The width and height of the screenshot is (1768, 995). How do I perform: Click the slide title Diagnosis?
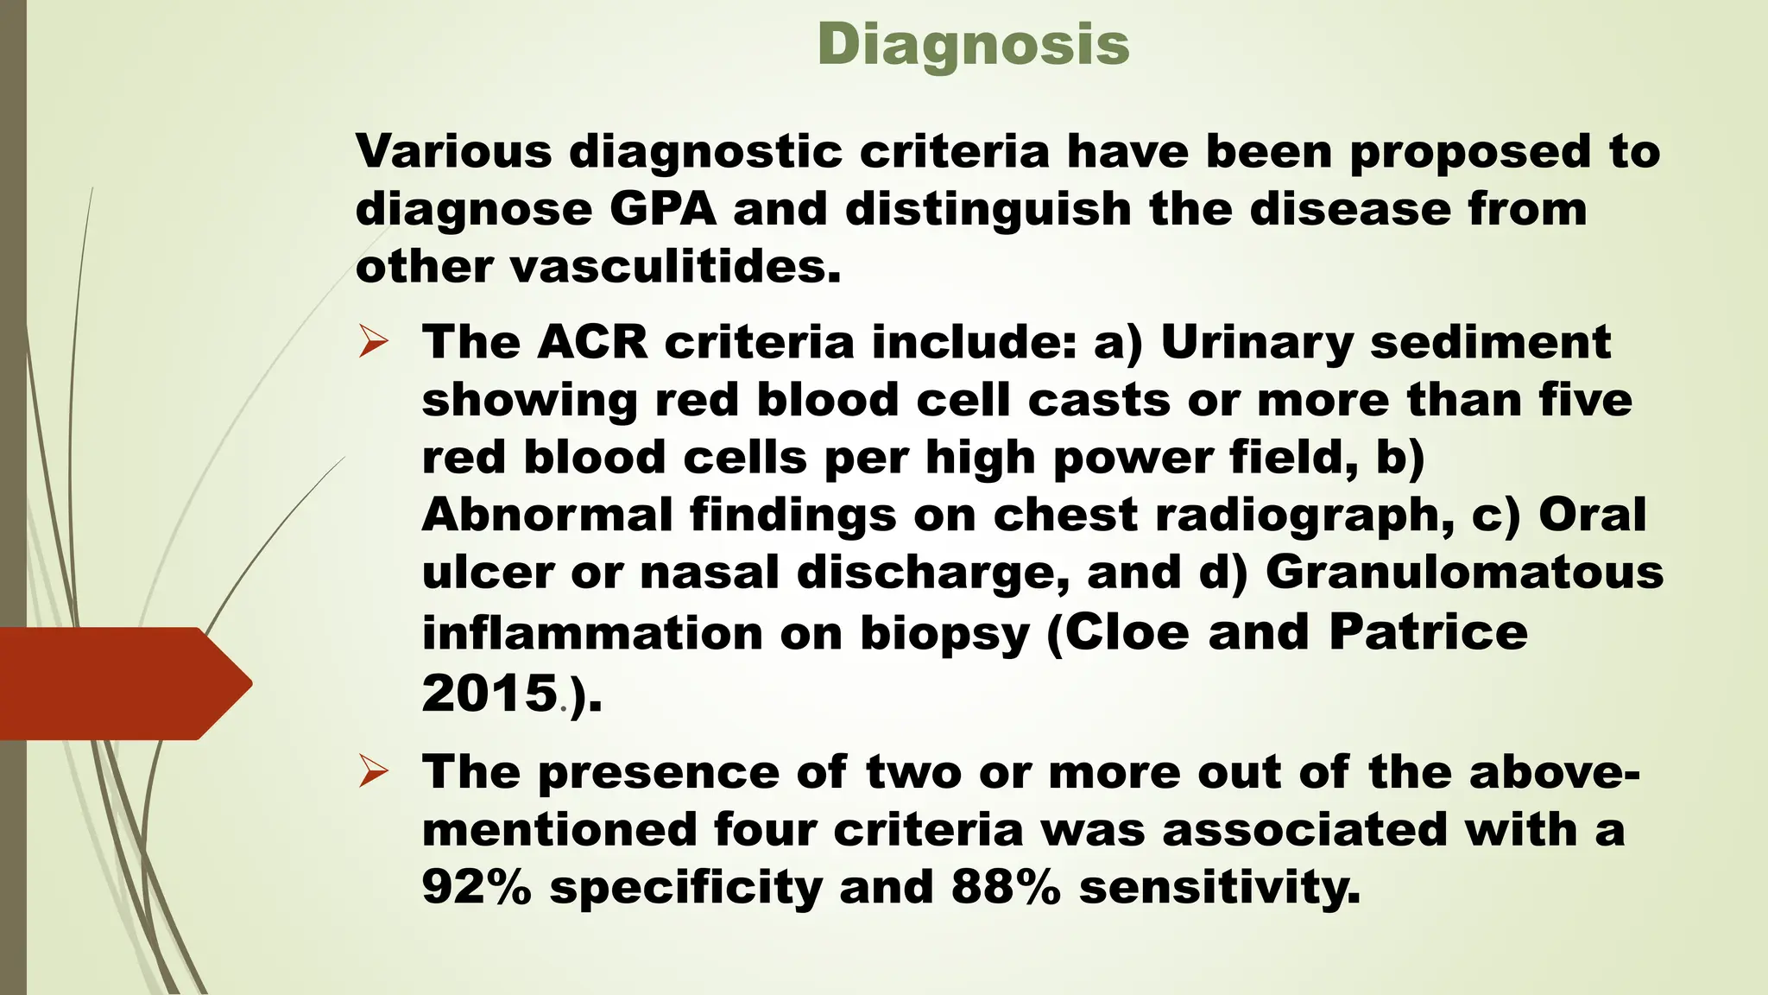point(973,45)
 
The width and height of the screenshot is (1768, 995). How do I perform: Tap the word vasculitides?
point(674,267)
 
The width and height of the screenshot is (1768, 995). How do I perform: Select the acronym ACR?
point(591,343)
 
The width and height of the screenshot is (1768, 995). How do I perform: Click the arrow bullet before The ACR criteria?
point(373,343)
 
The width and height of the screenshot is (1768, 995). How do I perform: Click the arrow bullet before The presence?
point(373,772)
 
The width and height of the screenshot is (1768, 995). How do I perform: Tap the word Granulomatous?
point(1464,573)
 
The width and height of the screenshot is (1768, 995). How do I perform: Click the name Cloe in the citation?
point(1127,633)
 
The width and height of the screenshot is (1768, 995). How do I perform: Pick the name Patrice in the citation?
point(1428,633)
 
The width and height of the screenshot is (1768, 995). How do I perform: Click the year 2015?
point(489,694)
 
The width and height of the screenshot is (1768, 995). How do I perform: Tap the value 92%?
point(476,888)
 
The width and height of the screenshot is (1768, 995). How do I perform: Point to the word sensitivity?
point(1219,888)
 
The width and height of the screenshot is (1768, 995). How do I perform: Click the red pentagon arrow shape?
point(121,684)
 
